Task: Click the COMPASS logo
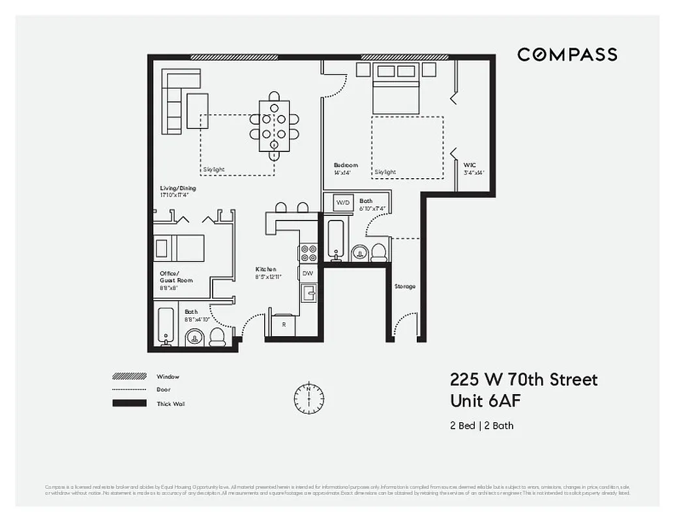[x=567, y=55]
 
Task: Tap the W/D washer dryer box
[x=342, y=203]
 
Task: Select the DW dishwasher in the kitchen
[x=308, y=273]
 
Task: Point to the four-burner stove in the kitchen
[x=308, y=253]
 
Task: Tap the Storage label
[x=404, y=286]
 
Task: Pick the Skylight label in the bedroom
[x=385, y=172]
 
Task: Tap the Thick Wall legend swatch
[x=129, y=403]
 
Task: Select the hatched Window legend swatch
[x=129, y=376]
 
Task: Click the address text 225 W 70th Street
[x=523, y=379]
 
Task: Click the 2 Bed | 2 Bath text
[x=481, y=425]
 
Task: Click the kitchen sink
[x=308, y=293]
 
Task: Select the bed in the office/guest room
[x=179, y=248]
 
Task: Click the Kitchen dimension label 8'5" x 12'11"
[x=267, y=277]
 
